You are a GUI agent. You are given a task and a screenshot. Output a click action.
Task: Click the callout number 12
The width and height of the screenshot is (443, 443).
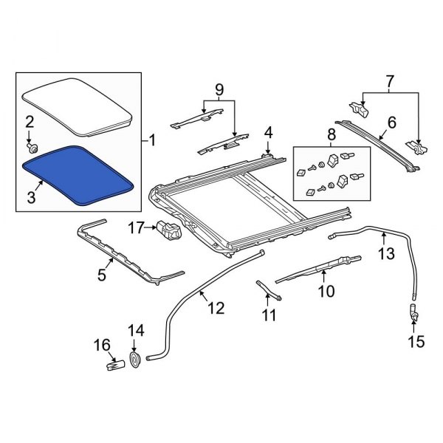(x=215, y=308)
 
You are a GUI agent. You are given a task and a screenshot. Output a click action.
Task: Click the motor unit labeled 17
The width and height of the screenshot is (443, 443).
(x=168, y=232)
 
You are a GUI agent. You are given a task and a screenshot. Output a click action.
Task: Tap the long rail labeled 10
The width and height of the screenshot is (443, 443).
(x=317, y=269)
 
